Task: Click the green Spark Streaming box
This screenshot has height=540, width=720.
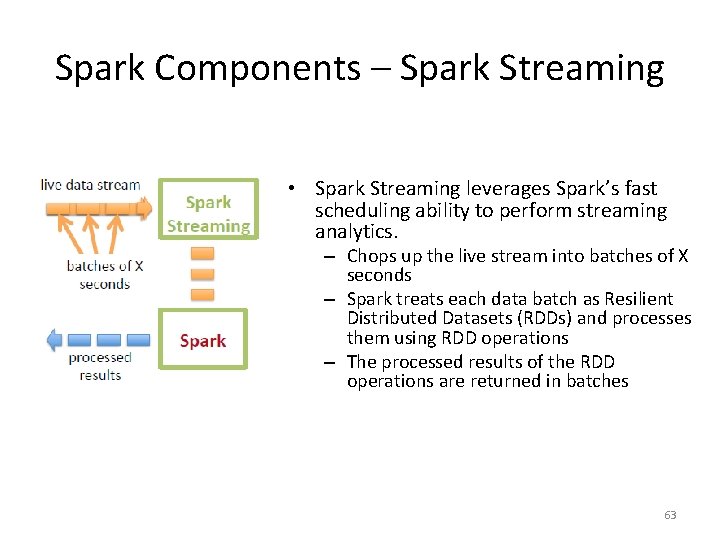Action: click(208, 214)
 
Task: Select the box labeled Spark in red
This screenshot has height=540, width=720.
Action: click(203, 341)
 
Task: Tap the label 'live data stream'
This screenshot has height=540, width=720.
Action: click(90, 185)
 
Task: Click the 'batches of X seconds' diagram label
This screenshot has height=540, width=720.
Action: click(104, 274)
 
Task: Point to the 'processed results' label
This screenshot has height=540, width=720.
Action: click(100, 365)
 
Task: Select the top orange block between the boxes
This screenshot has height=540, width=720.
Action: click(202, 251)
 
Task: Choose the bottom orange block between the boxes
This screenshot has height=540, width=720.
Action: click(202, 294)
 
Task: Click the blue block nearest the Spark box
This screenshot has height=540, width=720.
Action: click(137, 340)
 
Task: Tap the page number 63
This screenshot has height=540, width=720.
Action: click(670, 515)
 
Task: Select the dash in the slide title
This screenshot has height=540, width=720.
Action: click(380, 68)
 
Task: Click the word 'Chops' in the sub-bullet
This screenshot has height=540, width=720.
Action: click(369, 256)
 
